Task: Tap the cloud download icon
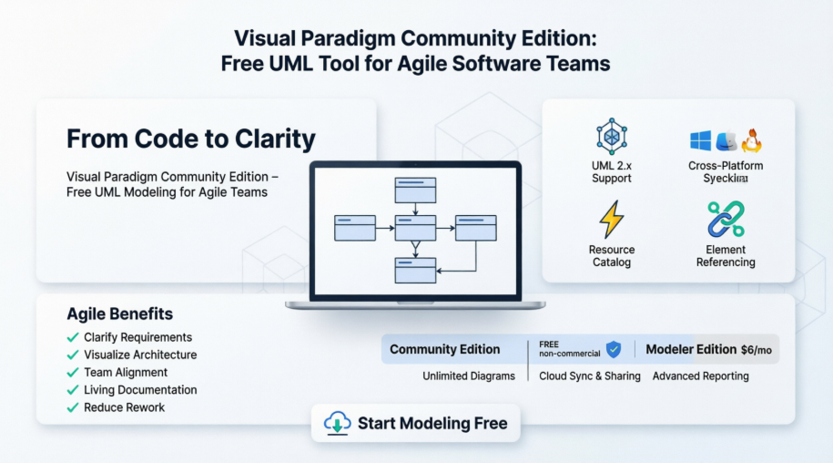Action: click(x=338, y=423)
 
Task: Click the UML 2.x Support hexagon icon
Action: click(x=611, y=137)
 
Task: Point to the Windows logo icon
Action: click(x=700, y=140)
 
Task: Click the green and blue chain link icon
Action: click(x=726, y=220)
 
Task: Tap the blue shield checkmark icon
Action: click(x=614, y=349)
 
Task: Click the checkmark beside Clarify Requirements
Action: click(x=73, y=337)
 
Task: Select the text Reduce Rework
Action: click(x=124, y=407)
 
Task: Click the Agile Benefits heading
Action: click(x=119, y=314)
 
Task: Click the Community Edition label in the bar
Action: click(x=444, y=349)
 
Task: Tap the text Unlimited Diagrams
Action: click(x=468, y=376)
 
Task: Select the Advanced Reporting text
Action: click(x=700, y=376)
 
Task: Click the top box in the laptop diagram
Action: click(x=415, y=190)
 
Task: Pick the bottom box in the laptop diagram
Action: click(x=415, y=270)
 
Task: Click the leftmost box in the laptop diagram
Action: click(x=354, y=227)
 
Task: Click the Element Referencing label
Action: click(x=726, y=256)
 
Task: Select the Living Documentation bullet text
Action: click(x=140, y=390)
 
